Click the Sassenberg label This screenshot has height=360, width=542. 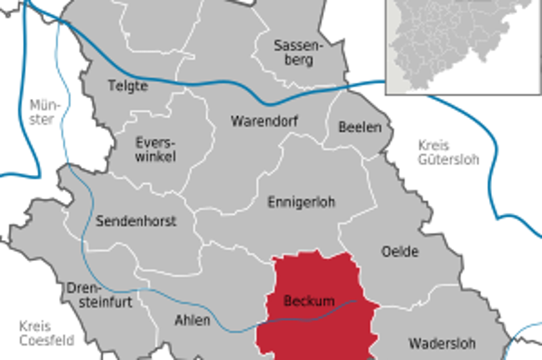pyautogui.click(x=293, y=52)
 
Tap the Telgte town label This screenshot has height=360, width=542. pyautogui.click(x=127, y=85)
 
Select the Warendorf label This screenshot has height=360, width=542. pyautogui.click(x=264, y=121)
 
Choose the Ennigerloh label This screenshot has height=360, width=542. pyautogui.click(x=301, y=202)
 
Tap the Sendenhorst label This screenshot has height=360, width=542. pyautogui.click(x=136, y=221)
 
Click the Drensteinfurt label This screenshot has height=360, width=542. pyautogui.click(x=100, y=296)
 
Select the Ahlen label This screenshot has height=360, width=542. pyautogui.click(x=192, y=320)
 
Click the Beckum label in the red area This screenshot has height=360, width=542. pyautogui.click(x=309, y=300)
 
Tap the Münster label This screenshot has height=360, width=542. pyautogui.click(x=41, y=112)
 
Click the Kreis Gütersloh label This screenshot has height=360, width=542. pyautogui.click(x=447, y=153)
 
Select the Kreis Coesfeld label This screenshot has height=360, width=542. pyautogui.click(x=46, y=333)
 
